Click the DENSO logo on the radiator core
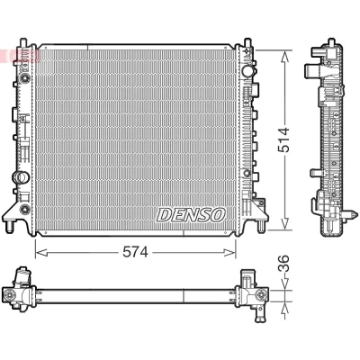(191, 215)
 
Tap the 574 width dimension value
(135, 253)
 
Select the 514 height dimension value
(283, 139)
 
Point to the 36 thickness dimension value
(283, 264)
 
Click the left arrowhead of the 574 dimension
(41, 253)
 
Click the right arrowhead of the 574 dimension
(229, 253)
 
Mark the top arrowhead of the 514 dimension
(285, 56)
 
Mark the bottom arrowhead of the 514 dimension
(285, 224)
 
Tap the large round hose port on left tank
(21, 177)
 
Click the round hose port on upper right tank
(248, 71)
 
